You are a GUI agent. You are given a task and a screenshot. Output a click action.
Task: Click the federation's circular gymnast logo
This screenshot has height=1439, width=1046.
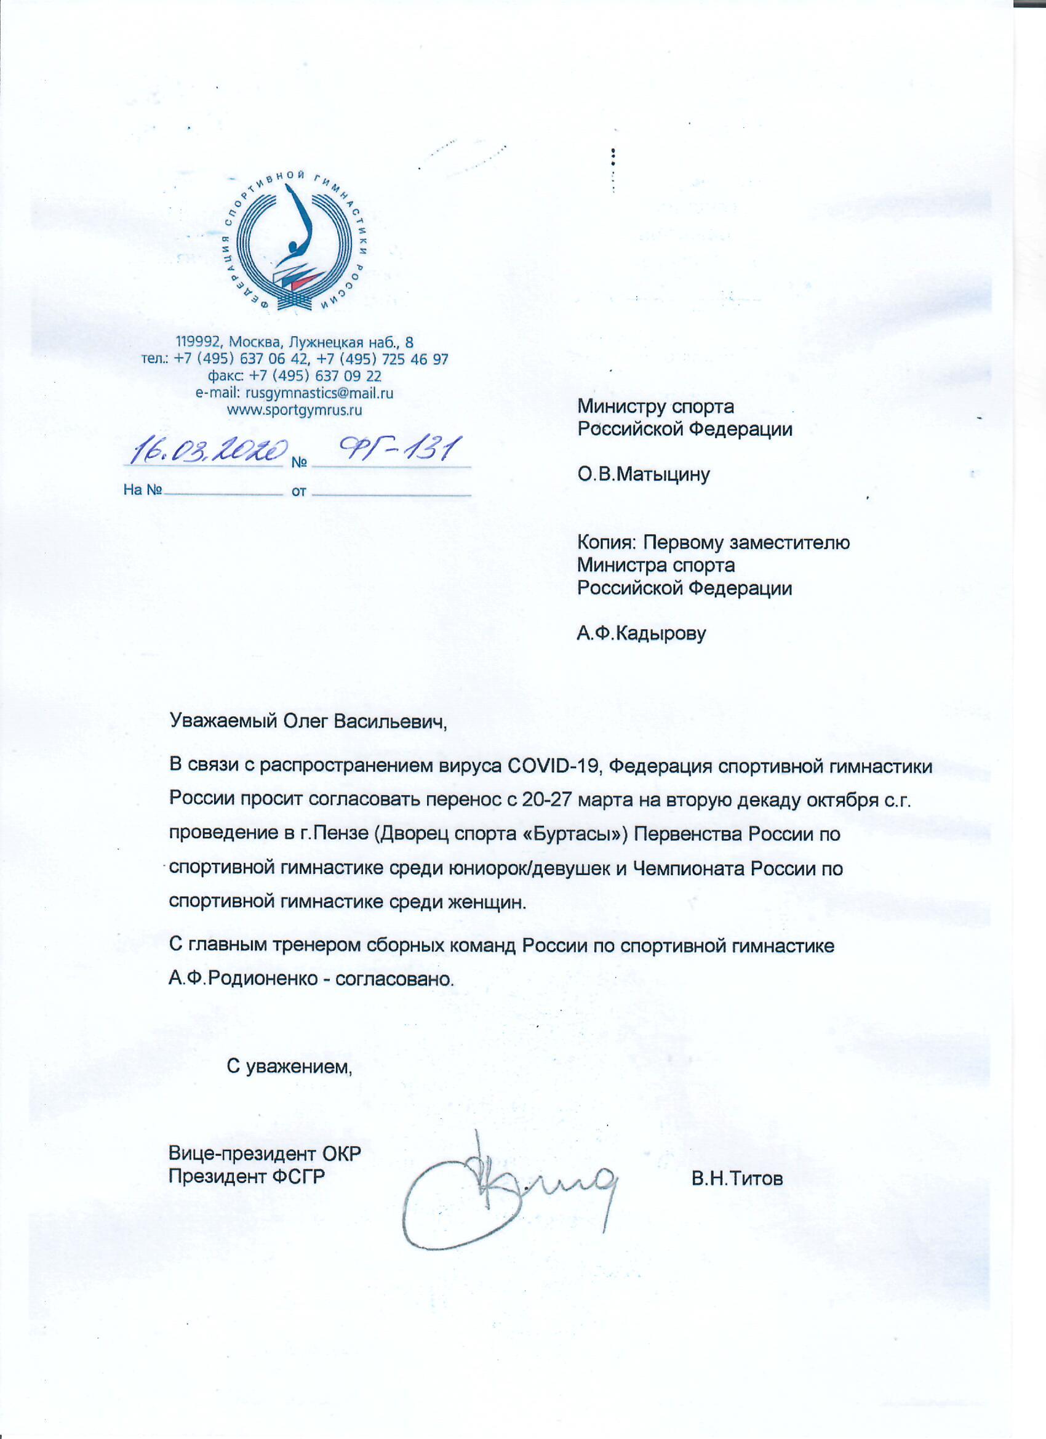[296, 242]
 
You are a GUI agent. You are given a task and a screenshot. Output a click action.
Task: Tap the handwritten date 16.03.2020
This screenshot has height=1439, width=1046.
[207, 450]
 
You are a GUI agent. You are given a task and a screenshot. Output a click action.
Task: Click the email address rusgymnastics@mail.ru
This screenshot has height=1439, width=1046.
[319, 393]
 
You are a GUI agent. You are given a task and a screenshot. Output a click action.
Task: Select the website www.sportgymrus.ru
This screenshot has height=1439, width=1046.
[294, 410]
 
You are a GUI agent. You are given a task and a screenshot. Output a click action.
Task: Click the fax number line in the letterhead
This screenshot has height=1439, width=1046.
[294, 375]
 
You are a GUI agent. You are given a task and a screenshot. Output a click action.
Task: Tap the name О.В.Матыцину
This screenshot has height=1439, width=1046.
[643, 475]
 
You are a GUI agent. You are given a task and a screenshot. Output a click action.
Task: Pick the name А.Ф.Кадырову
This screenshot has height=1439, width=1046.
[641, 633]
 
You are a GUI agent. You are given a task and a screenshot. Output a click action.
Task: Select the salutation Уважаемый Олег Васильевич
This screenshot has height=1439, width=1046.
[308, 721]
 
